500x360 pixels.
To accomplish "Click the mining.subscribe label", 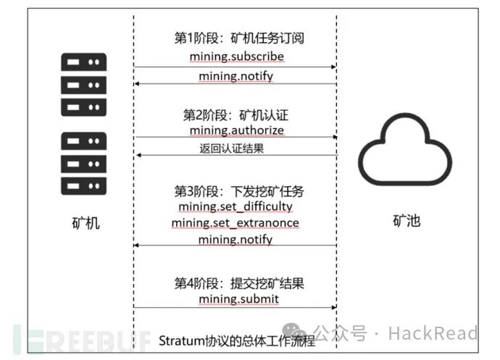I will point(236,56).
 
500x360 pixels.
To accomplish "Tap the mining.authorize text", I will point(236,130).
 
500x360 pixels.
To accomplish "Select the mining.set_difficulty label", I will point(236,207).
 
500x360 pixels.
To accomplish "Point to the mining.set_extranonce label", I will point(236,222).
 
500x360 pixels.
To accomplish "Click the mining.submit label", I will point(236,298).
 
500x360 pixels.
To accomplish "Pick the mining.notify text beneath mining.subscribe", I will point(236,75).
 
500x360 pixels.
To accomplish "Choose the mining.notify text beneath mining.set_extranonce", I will point(236,239).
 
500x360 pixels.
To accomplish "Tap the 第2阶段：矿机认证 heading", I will point(236,114).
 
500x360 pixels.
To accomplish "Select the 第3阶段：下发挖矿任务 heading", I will point(236,191).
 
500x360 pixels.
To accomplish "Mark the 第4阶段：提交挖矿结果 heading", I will point(236,282).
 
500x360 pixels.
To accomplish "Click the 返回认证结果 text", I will point(236,148).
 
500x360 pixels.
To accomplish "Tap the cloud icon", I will point(401,153).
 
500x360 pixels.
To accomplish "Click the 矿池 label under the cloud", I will point(401,221).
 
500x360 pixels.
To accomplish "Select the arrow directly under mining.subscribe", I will point(236,67).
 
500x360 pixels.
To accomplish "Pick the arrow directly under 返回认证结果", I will point(236,156).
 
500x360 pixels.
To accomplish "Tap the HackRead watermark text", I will point(433,333).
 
